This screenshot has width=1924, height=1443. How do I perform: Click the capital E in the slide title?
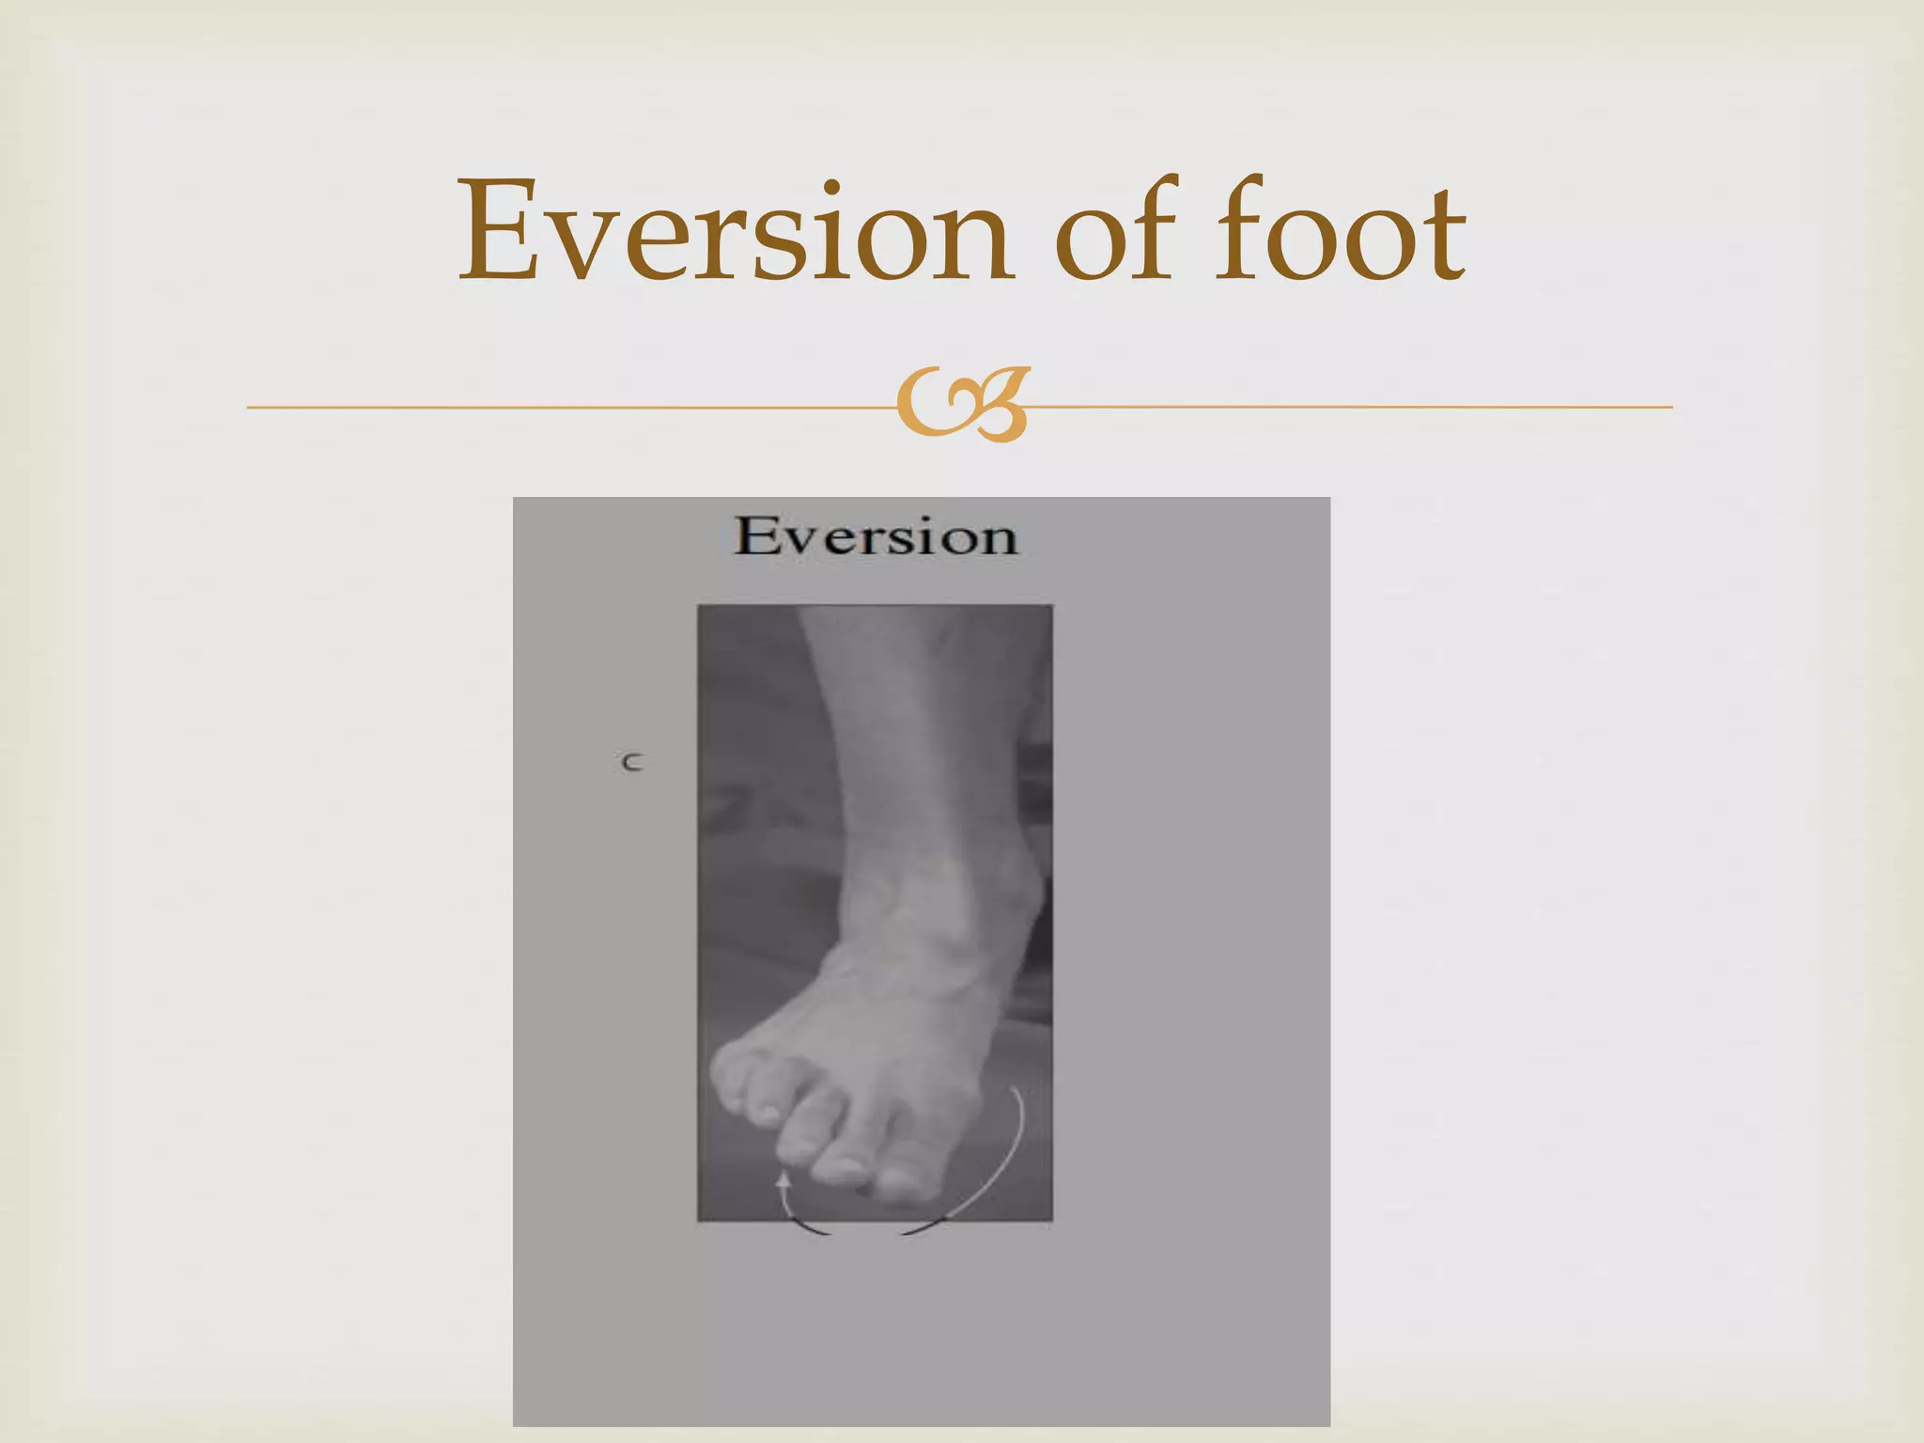coord(495,232)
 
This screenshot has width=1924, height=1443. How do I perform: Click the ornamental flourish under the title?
coord(962,405)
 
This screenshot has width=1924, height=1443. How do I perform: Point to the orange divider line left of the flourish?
coord(564,407)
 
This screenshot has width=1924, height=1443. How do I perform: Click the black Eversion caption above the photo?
coord(875,536)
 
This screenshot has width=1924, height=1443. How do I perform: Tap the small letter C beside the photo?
coord(631,762)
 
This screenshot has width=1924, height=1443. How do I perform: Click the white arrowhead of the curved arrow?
coord(782,1180)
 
